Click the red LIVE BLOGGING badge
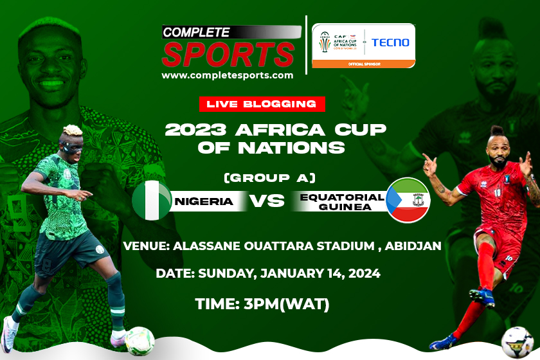[262, 104]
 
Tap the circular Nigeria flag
[152, 201]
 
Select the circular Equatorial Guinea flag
[408, 200]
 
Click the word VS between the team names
[267, 201]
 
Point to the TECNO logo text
[390, 42]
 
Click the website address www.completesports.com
[228, 75]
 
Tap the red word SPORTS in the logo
[228, 55]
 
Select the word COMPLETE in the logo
[196, 32]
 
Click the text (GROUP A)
[269, 178]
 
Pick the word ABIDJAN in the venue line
[413, 246]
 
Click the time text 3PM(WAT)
[286, 304]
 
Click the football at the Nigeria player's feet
[139, 341]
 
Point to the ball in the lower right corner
[517, 342]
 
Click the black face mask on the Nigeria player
[71, 146]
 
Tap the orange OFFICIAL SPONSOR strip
[364, 64]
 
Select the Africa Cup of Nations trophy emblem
[325, 42]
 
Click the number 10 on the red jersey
[498, 192]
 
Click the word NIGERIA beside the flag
[204, 201]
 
